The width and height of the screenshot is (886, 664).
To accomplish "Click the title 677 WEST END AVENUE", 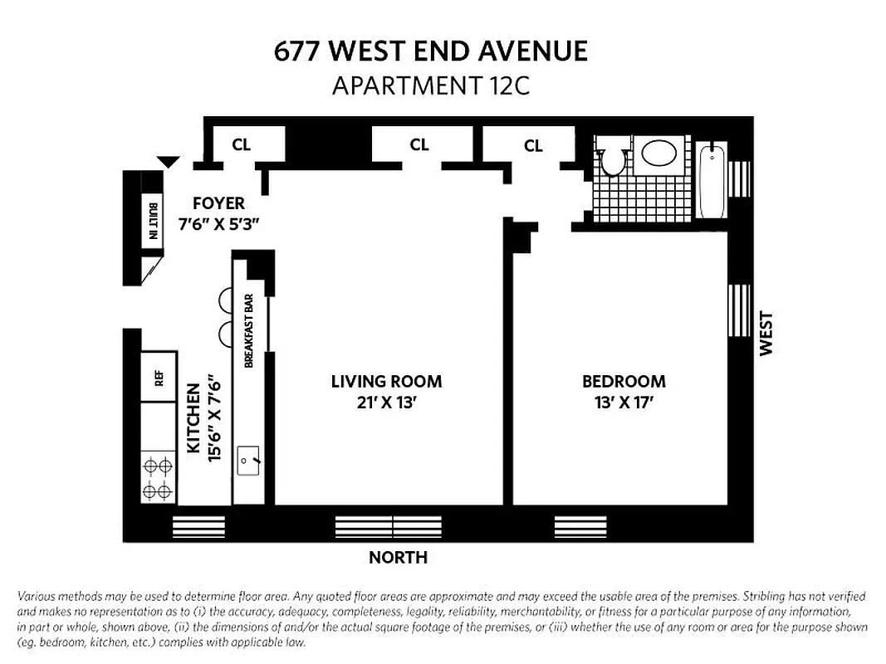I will [x=431, y=51].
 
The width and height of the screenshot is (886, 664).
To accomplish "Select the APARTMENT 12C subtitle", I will [x=430, y=85].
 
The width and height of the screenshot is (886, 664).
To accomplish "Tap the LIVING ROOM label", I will [x=386, y=382].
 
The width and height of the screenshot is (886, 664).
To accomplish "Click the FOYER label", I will [x=218, y=203].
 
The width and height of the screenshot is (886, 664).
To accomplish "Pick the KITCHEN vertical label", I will [x=193, y=417].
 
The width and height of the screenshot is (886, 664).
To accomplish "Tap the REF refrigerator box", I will [x=158, y=378].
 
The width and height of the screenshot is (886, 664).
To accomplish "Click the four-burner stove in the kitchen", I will [x=158, y=478].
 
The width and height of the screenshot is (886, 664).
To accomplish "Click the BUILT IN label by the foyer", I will [x=153, y=222].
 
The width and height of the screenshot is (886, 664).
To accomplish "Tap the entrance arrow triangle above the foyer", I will [x=169, y=162].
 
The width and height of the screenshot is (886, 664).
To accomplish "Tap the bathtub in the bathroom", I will [x=712, y=180].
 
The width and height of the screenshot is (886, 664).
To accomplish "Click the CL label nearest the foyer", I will [x=241, y=145].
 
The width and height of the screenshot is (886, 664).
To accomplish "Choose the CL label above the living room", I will [x=419, y=145].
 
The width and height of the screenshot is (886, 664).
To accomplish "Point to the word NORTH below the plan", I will [x=398, y=558].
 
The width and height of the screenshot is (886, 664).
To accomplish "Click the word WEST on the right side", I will [x=766, y=333].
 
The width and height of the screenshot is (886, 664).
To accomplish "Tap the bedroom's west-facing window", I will [x=738, y=310].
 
